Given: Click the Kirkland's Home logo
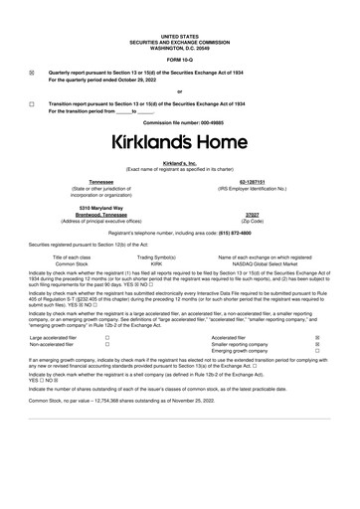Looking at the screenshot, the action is click(x=179, y=141).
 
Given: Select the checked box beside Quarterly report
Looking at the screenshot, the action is click(x=32, y=73).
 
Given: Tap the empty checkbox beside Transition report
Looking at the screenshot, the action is click(x=32, y=103).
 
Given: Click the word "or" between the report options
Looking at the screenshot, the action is click(x=179, y=91).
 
